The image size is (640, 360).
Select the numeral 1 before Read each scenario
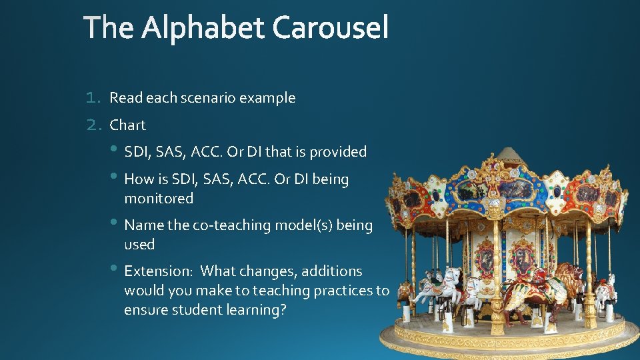pos(93,98)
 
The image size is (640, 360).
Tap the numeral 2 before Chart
pos(93,125)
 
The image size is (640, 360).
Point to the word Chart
pos(127,125)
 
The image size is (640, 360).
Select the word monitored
pos(159,199)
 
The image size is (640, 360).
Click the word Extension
pos(159,271)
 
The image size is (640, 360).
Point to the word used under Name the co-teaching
pos(139,245)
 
